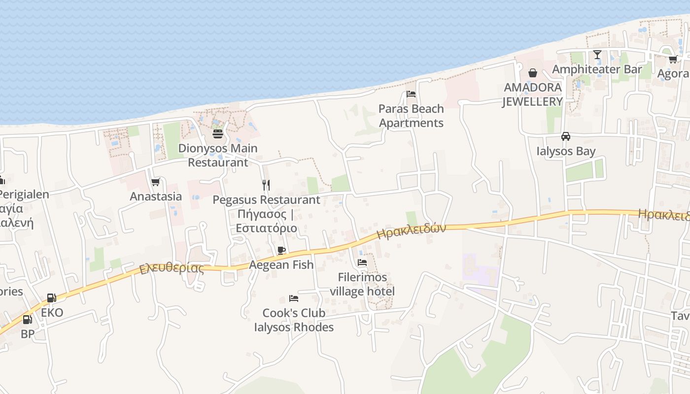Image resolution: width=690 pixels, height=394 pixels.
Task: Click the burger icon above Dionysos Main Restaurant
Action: click(218, 133)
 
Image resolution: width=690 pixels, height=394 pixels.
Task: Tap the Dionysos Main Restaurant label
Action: click(218, 155)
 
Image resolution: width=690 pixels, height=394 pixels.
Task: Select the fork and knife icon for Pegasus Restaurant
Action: click(266, 185)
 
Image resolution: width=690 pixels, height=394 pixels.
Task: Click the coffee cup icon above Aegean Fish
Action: click(281, 250)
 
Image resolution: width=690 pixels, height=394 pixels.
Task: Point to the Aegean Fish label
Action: click(281, 265)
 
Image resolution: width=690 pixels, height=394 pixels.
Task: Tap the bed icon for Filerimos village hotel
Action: click(362, 263)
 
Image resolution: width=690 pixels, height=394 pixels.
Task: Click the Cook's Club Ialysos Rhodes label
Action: click(294, 320)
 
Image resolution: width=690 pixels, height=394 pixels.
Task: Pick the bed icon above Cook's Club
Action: click(294, 298)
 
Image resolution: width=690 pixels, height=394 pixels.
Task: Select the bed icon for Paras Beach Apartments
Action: click(411, 94)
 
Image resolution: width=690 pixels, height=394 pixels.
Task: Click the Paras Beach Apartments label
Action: click(411, 116)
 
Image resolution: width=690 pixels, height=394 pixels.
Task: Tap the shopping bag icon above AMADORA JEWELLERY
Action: click(533, 73)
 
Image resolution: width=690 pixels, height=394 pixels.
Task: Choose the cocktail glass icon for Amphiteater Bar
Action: click(597, 55)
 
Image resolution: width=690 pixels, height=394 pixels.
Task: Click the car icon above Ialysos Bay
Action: click(566, 136)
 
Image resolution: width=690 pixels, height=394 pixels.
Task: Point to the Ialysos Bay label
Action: click(566, 151)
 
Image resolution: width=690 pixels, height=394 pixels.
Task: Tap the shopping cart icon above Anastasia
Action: click(156, 182)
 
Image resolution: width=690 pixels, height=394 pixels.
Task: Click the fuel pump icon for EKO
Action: click(51, 298)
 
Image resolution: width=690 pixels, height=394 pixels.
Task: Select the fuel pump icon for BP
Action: click(28, 319)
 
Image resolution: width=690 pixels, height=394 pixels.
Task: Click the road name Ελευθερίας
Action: click(172, 268)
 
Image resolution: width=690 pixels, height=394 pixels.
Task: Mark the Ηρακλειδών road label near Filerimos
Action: click(411, 231)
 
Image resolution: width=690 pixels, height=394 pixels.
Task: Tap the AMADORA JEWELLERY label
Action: click(533, 95)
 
